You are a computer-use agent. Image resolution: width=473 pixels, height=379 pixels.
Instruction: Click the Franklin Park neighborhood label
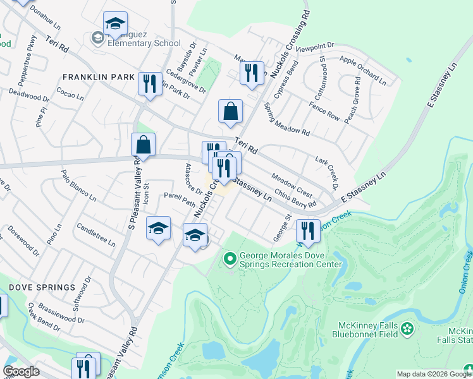[98, 77]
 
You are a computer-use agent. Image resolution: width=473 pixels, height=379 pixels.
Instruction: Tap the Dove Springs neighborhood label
[42, 287]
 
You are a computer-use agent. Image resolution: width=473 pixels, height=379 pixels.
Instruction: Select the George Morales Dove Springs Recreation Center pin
[230, 258]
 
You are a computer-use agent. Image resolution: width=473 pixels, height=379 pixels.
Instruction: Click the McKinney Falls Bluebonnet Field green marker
[407, 328]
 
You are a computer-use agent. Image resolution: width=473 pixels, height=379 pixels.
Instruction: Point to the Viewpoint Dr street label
[314, 47]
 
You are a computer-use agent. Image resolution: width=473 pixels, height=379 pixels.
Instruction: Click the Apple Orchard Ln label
[362, 69]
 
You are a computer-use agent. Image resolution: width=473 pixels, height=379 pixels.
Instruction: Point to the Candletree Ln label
[95, 234]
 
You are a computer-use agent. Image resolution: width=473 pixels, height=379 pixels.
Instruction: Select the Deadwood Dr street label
[29, 95]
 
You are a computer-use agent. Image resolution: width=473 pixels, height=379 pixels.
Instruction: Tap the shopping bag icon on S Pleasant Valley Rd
[144, 145]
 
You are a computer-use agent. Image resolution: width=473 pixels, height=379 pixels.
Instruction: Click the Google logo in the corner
[21, 371]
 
